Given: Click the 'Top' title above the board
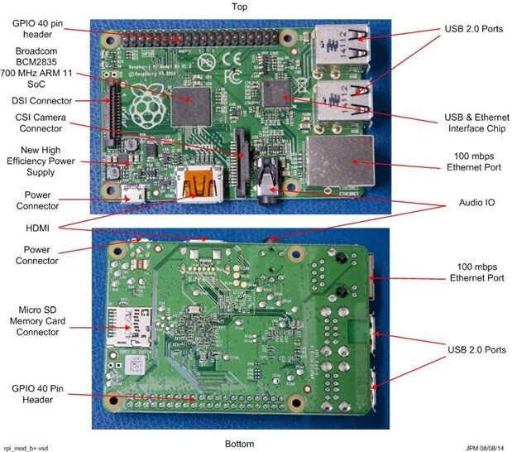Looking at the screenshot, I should click(240, 7).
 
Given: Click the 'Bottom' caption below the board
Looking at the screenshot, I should click(239, 444).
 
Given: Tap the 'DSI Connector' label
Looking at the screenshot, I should click(41, 101).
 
